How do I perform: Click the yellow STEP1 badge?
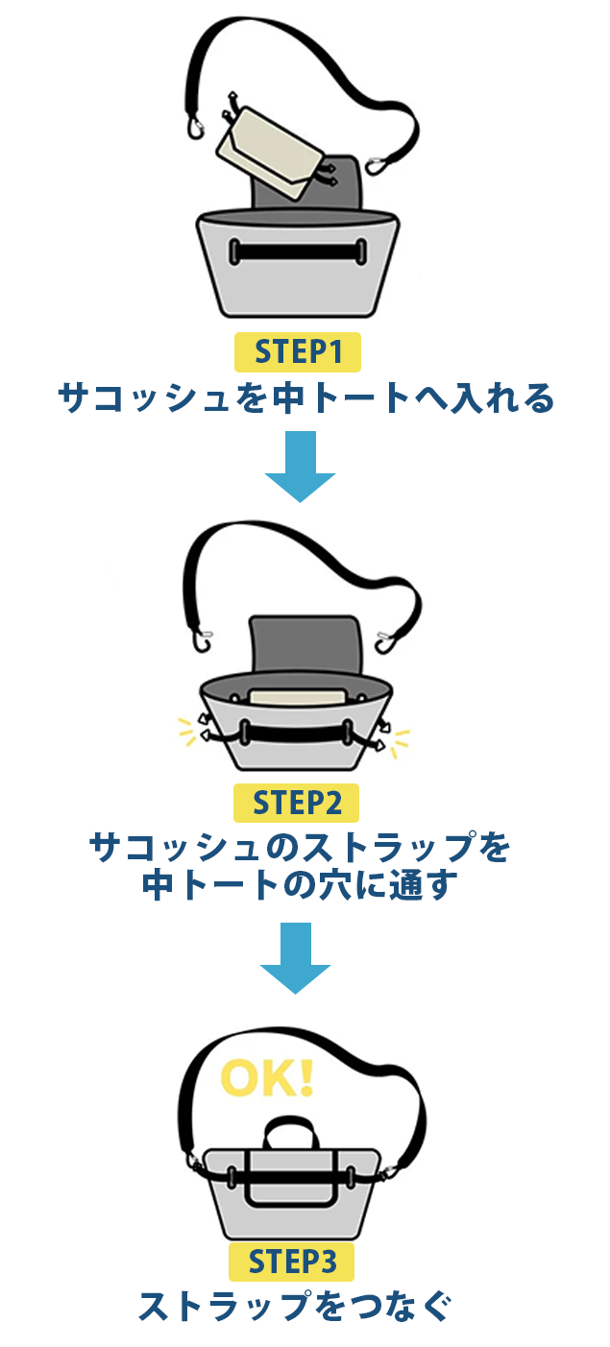[297, 352]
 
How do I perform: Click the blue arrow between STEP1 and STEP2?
[301, 467]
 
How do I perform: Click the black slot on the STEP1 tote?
[298, 251]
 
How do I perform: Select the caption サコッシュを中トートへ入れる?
[305, 397]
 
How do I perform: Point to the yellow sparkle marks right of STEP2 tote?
[401, 740]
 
